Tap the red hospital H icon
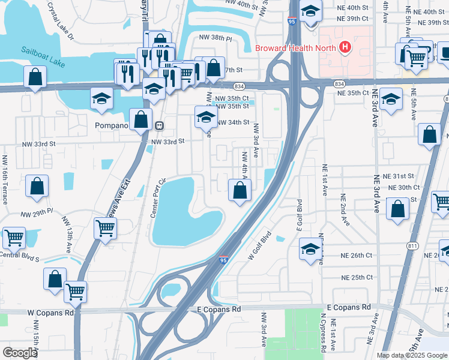pyautogui.click(x=345, y=47)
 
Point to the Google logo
pyautogui.click(x=20, y=353)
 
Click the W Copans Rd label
pyautogui.click(x=50, y=313)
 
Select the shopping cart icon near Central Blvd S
pyautogui.click(x=14, y=238)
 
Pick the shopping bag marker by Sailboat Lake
pyautogui.click(x=35, y=76)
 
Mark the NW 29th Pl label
pyautogui.click(x=37, y=214)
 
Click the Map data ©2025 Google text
pyautogui.click(x=412, y=355)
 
